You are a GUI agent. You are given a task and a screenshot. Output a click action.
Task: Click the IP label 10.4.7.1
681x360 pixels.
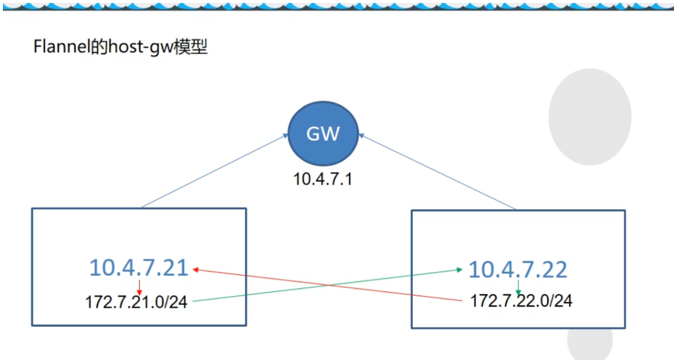tap(322, 179)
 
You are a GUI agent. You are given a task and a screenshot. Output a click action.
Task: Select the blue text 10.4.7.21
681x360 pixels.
tap(138, 268)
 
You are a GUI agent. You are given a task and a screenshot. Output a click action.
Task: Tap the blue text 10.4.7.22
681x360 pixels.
tap(517, 269)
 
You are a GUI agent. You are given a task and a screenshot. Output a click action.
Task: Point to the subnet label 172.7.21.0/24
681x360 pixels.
tap(136, 303)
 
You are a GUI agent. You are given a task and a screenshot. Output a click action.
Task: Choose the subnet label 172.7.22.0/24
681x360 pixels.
tap(521, 301)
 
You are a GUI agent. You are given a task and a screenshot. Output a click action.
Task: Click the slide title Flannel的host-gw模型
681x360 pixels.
tap(120, 47)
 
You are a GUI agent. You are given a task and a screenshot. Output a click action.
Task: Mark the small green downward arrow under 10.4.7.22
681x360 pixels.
tap(518, 287)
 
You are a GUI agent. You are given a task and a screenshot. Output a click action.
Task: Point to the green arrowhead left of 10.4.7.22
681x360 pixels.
tap(459, 269)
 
